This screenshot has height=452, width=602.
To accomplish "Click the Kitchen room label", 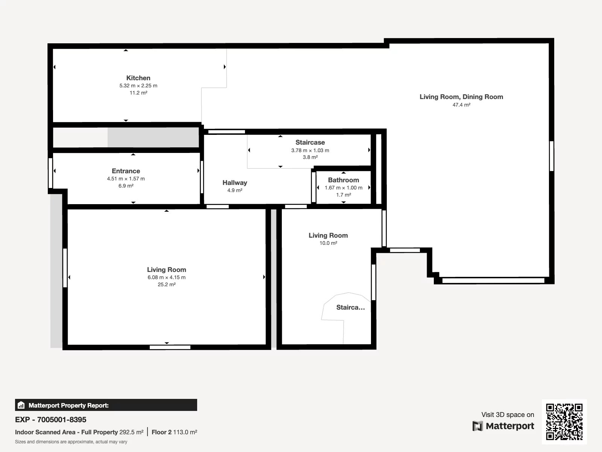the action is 138,78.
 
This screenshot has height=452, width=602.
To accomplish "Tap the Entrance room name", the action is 126,171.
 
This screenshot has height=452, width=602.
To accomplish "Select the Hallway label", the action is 235,183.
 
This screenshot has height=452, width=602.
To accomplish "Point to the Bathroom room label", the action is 344,180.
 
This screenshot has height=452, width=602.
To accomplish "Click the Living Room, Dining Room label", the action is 461,97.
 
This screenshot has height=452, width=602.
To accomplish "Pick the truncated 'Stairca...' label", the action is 351,307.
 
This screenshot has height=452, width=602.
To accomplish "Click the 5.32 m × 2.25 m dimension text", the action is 138,86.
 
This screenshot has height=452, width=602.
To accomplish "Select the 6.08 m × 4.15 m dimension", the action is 166,278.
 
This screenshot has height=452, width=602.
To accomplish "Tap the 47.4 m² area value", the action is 461,105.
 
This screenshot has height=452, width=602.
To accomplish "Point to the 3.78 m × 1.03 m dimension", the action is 310,150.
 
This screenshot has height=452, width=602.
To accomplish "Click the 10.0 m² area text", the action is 328,243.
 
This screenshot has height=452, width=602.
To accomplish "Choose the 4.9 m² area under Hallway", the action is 235,191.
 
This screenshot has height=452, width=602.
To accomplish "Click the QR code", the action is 564,421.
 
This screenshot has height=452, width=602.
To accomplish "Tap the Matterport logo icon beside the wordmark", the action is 477,426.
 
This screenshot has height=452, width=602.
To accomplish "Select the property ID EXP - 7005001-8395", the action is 50,420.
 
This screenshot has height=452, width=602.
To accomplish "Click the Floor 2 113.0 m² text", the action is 175,432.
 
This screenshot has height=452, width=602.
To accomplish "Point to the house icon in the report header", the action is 21,405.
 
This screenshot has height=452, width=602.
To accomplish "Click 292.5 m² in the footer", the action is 131,432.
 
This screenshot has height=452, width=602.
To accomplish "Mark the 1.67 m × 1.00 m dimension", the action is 344,188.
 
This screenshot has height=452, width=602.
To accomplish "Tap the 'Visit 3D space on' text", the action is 508,415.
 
